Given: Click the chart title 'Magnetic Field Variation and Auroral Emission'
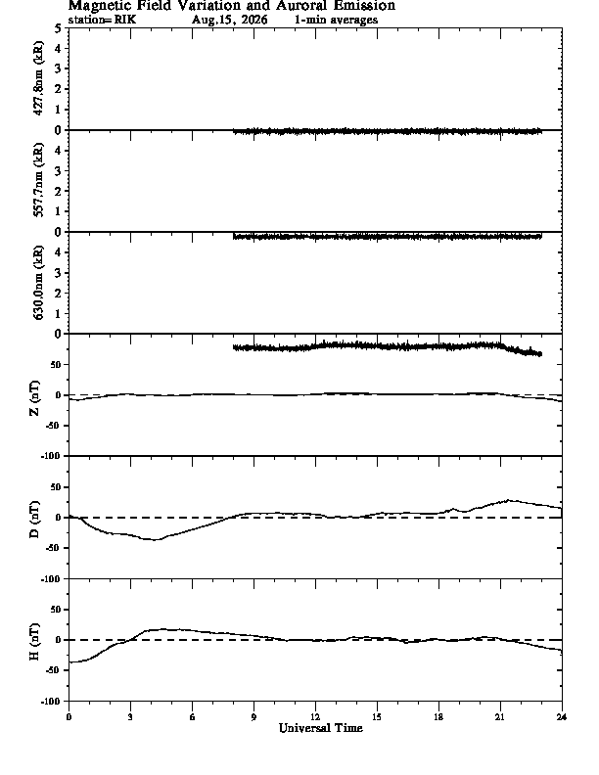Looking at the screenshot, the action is (231, 6).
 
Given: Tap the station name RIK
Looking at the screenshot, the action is (124, 20).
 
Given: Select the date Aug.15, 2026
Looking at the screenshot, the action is (229, 20).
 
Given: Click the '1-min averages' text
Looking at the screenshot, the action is (336, 20).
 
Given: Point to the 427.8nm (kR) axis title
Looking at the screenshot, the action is (38, 78).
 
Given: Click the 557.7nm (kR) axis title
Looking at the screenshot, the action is (38, 180).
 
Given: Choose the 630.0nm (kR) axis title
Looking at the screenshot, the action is (38, 282).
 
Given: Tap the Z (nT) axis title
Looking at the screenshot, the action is (34, 398).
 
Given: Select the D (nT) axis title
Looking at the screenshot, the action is (34, 520).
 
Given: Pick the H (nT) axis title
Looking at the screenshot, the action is (34, 642).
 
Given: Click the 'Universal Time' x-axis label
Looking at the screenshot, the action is (321, 728).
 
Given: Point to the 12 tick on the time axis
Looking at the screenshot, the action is (315, 717).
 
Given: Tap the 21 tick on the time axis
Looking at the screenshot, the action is (500, 717).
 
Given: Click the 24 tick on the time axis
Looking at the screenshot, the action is (562, 717).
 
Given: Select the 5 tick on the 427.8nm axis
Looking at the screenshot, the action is (59, 28).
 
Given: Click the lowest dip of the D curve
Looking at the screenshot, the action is (155, 540).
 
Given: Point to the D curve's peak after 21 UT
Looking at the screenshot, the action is (509, 500).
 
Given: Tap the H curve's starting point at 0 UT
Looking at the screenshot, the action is (69, 662).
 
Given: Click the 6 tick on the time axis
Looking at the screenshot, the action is (192, 717).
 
